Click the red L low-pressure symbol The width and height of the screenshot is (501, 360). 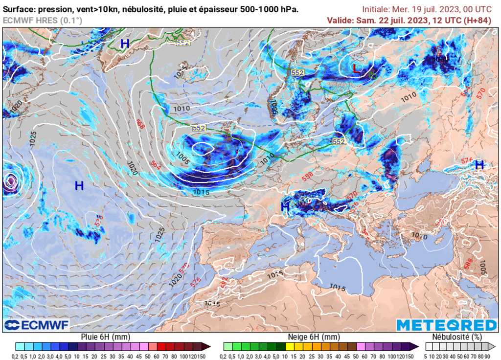click(356, 69)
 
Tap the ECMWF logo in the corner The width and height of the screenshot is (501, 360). click(37, 325)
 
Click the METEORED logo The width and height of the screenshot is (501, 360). click(446, 325)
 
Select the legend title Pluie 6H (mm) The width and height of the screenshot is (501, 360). click(105, 337)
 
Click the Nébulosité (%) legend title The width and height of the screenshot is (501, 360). click(457, 337)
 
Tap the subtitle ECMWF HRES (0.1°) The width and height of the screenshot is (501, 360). click(43, 20)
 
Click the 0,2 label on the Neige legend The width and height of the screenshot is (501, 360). click(228, 356)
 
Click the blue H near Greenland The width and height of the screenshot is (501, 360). click(125, 44)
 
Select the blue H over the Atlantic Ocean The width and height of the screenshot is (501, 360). click(79, 185)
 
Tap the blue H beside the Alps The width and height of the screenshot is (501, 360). click(285, 207)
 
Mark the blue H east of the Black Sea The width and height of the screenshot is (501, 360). click(479, 165)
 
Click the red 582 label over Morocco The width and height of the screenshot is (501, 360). click(224, 282)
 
